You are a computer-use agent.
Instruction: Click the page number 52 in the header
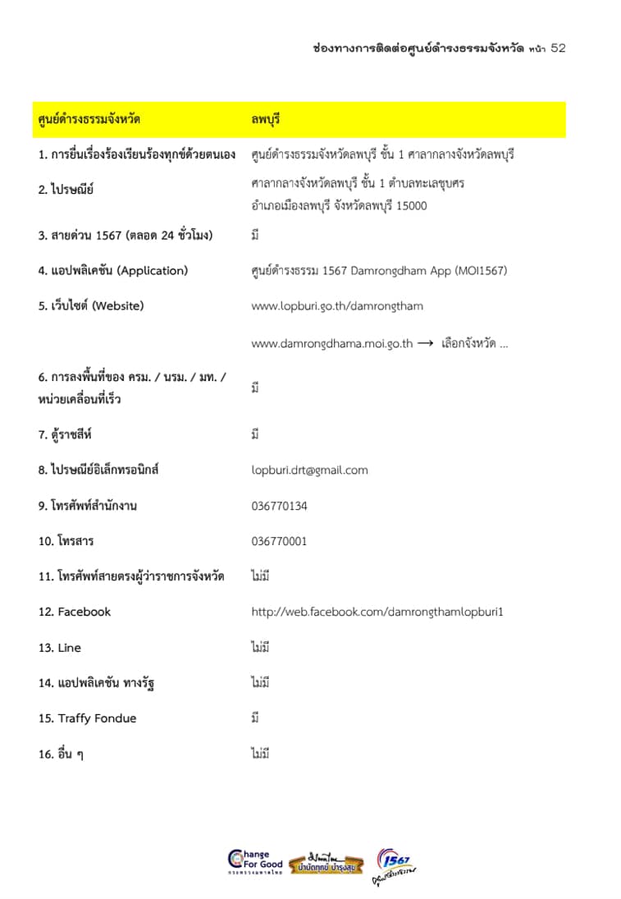558,48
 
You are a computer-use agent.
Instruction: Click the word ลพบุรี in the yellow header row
266,120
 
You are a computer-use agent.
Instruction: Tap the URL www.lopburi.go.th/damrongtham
337,306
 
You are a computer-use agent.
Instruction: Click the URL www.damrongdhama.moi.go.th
331,344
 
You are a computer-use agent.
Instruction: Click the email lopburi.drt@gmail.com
309,470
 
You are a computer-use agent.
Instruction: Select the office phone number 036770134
279,506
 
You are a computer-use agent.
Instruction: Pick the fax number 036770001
279,541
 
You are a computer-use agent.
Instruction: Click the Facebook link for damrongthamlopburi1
377,612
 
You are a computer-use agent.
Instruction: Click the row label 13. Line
59,648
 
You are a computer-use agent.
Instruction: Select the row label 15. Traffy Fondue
87,718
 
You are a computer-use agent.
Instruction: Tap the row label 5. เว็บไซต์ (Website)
90,306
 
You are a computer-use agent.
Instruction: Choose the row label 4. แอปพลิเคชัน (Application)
112,271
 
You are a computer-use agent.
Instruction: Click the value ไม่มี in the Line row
260,648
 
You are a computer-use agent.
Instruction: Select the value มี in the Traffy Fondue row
255,718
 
